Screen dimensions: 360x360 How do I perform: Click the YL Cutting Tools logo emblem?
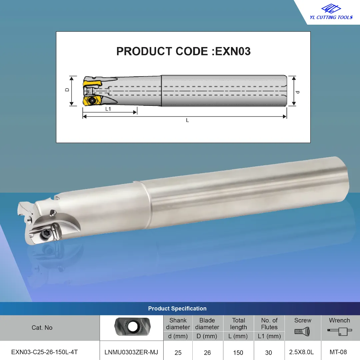[331, 9]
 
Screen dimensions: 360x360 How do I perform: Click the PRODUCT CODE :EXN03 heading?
[183, 51]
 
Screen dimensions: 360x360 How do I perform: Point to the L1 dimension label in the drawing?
[108, 109]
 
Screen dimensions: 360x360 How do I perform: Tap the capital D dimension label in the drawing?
[67, 90]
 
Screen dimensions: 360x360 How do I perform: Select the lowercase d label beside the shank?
[298, 92]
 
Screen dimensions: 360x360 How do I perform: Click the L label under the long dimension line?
[187, 120]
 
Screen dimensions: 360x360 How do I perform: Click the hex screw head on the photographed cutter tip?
[45, 234]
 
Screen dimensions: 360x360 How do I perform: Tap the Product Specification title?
[177, 309]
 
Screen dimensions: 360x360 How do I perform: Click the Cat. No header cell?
[42, 328]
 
